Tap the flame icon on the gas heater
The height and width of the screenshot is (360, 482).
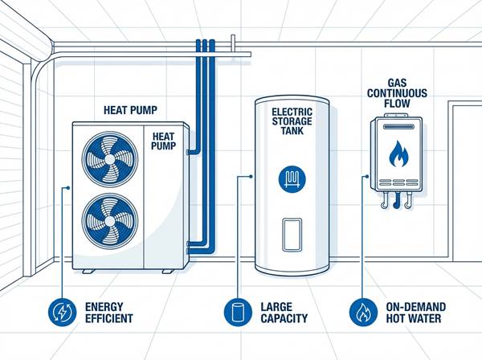(397, 153)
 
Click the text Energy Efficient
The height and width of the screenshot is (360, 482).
(105, 312)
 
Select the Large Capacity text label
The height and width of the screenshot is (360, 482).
(284, 312)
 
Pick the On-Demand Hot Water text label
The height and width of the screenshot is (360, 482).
(411, 312)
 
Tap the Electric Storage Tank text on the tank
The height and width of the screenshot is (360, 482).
(291, 121)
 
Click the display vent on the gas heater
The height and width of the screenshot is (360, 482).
(397, 127)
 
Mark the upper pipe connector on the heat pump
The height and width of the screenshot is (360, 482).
(190, 149)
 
